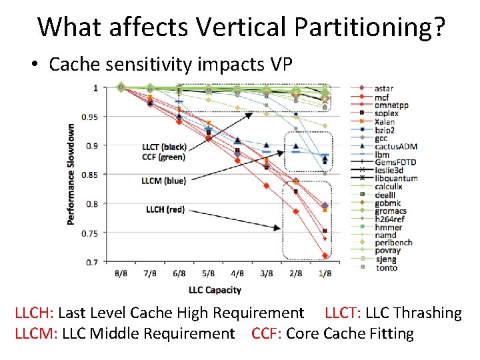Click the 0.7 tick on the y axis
(x=91, y=262)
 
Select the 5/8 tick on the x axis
(x=209, y=274)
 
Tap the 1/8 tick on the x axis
(x=325, y=274)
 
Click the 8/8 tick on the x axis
(x=121, y=274)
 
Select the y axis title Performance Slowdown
(x=71, y=173)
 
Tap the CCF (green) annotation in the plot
(x=164, y=157)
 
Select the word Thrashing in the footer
(x=428, y=313)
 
